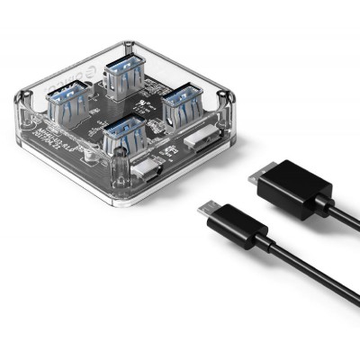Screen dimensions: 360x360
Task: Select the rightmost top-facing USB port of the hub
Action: (x=183, y=101)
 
